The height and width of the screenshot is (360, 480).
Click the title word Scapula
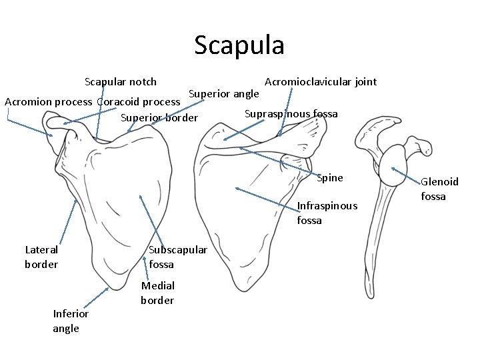239,45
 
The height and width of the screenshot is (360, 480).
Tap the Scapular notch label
121,82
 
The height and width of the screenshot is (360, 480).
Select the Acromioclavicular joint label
321,82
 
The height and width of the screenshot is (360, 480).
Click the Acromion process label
48,102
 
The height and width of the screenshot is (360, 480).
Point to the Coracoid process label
139,102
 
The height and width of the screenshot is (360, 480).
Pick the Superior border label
159,118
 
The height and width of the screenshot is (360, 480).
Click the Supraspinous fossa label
291,113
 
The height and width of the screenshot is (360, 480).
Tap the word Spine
330,177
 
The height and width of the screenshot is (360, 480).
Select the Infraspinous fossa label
327,213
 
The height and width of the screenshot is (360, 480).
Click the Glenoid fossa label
439,189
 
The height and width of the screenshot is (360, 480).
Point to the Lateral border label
41,257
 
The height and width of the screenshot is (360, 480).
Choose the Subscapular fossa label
177,257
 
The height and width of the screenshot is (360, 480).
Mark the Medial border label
157,293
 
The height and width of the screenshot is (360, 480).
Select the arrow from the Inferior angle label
93,299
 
